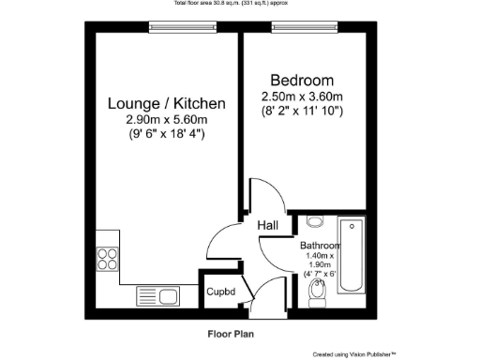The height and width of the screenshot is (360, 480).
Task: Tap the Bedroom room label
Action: pos(302,80)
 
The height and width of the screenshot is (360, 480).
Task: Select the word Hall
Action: pos(267,225)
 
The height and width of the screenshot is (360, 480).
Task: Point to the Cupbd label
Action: pos(221,291)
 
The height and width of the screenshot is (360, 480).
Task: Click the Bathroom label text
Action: pos(320,245)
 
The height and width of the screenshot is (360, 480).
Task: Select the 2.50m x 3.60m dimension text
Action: pos(302,97)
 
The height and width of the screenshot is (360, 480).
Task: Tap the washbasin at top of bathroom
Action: pos(315,222)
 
